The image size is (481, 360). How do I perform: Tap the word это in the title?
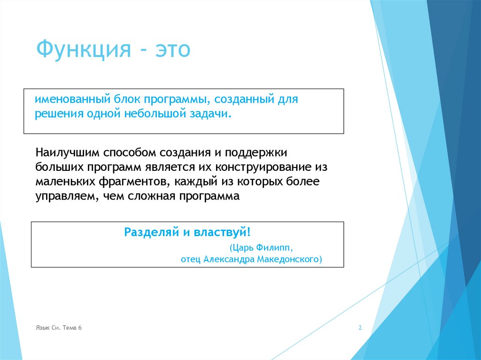171,49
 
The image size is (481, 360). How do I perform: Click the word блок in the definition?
126,100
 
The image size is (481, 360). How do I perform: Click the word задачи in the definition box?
209,114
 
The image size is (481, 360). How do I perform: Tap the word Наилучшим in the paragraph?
67,153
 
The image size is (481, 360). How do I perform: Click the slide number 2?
360,328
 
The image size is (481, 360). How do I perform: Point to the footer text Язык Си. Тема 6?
59,328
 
